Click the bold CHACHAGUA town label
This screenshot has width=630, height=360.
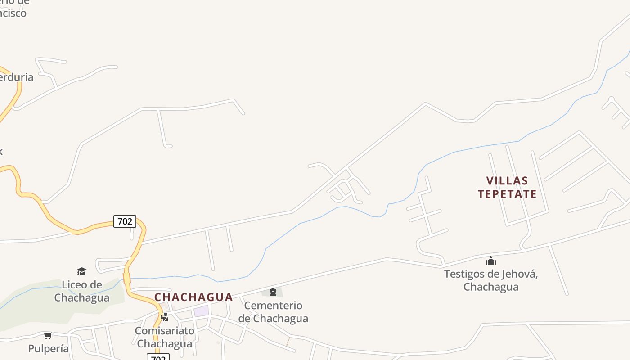click(x=193, y=297)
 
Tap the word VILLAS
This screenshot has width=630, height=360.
click(x=507, y=181)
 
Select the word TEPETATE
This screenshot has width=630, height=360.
click(x=507, y=194)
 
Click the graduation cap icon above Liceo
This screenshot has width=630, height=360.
click(x=81, y=271)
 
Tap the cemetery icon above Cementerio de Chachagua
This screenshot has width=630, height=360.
click(x=273, y=292)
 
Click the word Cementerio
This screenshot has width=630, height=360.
click(x=273, y=306)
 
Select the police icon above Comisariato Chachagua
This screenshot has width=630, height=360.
click(x=165, y=317)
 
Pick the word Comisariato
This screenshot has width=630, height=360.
click(x=165, y=331)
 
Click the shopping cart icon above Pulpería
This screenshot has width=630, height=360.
click(x=48, y=335)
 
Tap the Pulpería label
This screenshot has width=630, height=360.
click(x=49, y=348)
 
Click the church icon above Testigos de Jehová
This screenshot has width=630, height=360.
click(x=490, y=261)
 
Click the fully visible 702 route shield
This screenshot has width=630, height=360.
click(x=125, y=221)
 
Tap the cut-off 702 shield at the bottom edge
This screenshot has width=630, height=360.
click(x=158, y=357)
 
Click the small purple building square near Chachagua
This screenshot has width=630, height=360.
click(x=201, y=310)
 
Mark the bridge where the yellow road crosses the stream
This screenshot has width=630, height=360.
click(x=126, y=278)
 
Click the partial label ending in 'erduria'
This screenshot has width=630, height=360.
click(x=16, y=77)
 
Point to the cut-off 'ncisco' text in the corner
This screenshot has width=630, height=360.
click(x=13, y=13)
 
